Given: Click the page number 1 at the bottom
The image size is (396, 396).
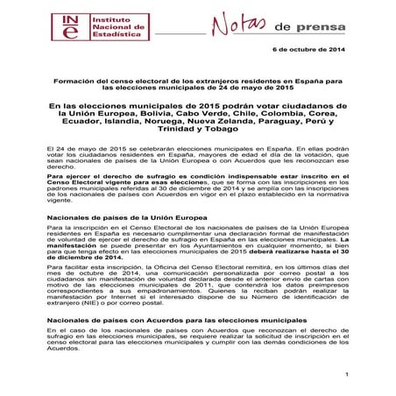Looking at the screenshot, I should pyautogui.click(x=347, y=376).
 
